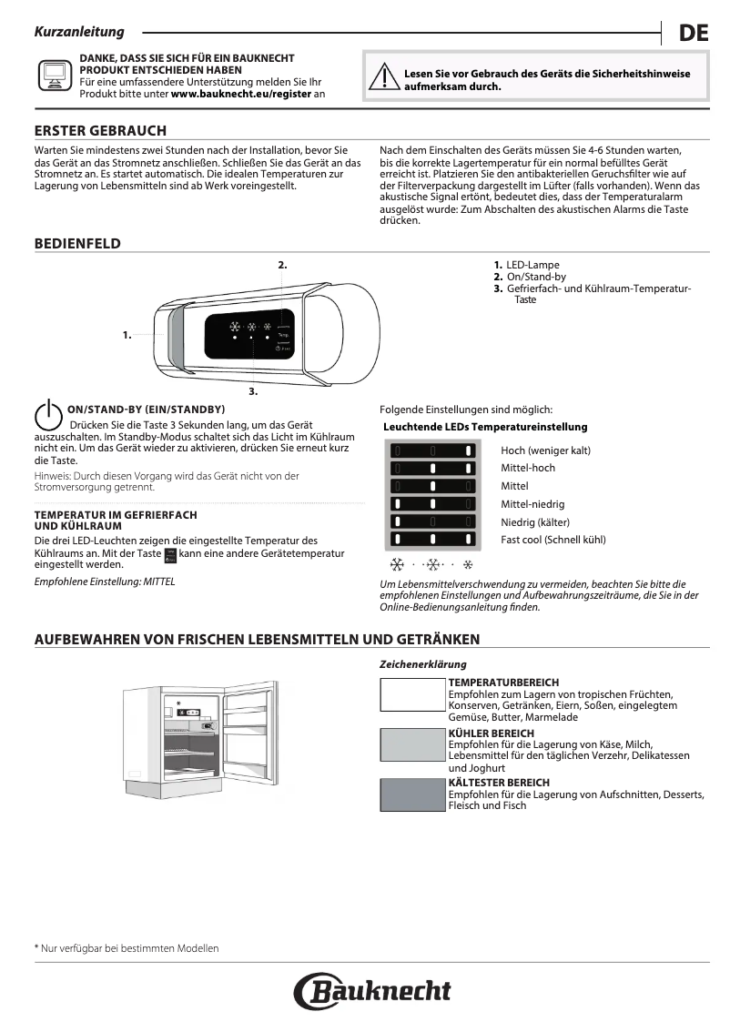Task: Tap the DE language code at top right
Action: pyautogui.click(x=693, y=34)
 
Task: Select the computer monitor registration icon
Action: pyautogui.click(x=54, y=76)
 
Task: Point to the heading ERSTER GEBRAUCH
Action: pyautogui.click(x=100, y=131)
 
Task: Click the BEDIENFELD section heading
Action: pyautogui.click(x=77, y=244)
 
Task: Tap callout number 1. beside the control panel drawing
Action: pyautogui.click(x=127, y=335)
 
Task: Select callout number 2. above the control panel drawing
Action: pyautogui.click(x=282, y=264)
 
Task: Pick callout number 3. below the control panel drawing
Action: pyautogui.click(x=253, y=391)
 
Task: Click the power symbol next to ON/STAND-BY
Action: pyautogui.click(x=47, y=415)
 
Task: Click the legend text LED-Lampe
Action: pyautogui.click(x=533, y=265)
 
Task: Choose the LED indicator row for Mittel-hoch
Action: pyautogui.click(x=432, y=468)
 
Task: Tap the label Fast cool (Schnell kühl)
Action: pyautogui.click(x=553, y=540)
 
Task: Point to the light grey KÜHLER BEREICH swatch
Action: pyautogui.click(x=412, y=744)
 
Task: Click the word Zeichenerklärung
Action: pyautogui.click(x=422, y=664)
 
